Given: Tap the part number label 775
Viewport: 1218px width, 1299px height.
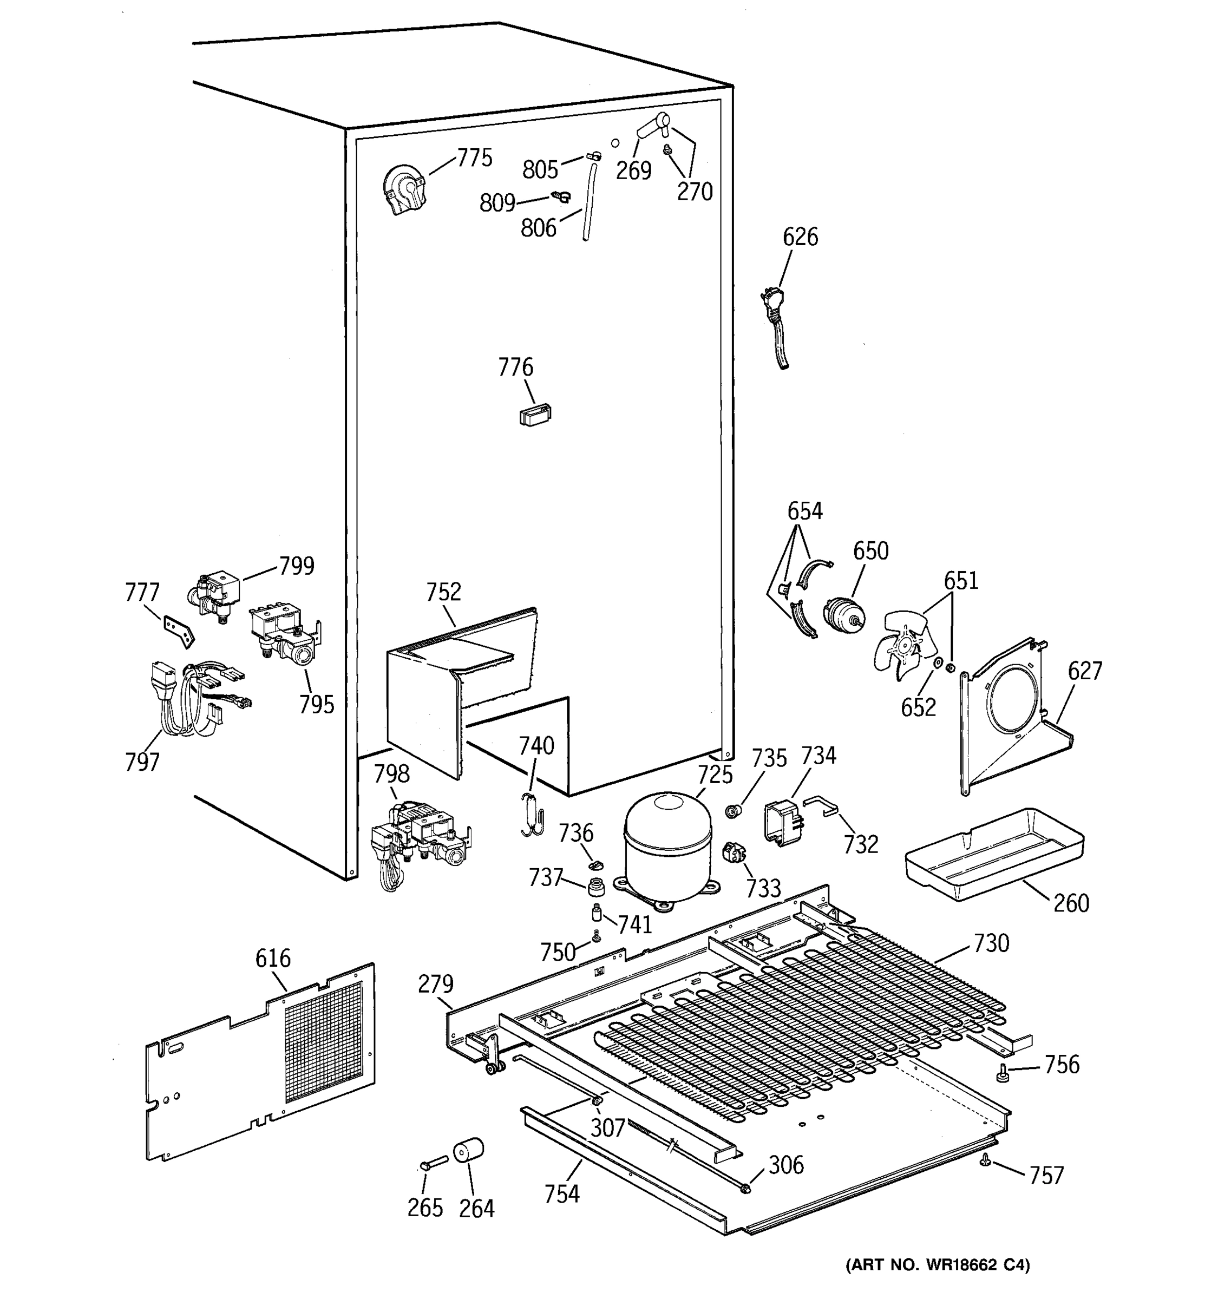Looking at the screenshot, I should click(x=474, y=158).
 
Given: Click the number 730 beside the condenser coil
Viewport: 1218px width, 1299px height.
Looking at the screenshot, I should click(x=991, y=943).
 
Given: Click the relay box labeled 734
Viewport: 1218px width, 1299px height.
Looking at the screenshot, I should click(x=783, y=823).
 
